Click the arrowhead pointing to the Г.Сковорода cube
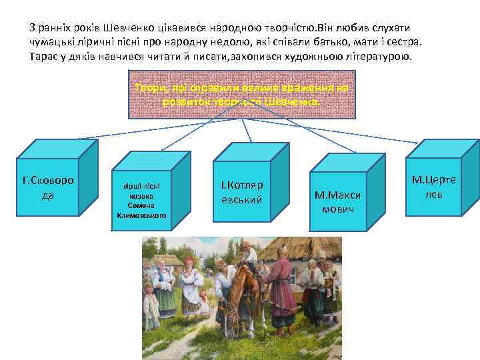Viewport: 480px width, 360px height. [80, 139]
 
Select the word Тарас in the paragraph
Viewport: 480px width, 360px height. [44, 55]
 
